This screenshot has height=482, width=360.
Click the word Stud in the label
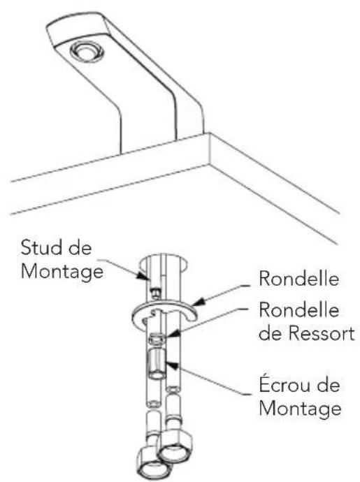click(x=41, y=247)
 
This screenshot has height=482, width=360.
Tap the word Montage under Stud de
click(x=62, y=272)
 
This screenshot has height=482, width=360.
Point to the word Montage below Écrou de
click(x=300, y=409)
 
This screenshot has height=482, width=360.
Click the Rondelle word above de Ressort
click(x=298, y=309)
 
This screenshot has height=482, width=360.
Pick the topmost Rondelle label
click(x=298, y=278)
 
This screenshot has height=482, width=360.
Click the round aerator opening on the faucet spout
click(x=87, y=52)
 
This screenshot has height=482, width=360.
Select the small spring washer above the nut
click(x=157, y=339)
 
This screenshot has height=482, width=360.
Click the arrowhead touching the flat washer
click(x=198, y=302)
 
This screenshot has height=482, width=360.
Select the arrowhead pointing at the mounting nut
click(x=171, y=365)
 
